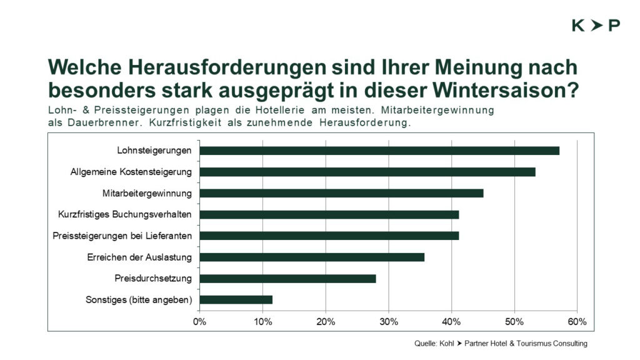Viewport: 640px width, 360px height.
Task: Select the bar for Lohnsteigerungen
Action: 379,151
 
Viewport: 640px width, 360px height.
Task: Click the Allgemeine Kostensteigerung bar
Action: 367,172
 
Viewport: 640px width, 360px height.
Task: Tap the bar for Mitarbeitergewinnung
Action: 342,193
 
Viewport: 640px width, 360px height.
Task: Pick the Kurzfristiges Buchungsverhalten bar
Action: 329,214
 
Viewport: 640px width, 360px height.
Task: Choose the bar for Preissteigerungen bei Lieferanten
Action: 329,236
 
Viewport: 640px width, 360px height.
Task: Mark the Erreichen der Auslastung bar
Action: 312,257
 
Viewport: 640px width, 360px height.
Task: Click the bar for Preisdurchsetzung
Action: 287,278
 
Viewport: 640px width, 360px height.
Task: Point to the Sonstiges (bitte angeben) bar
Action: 236,299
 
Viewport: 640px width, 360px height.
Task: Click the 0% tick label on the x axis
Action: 199,322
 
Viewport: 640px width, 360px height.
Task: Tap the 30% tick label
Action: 389,322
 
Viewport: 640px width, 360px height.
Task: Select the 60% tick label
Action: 577,322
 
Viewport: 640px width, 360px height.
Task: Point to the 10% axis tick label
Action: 263,322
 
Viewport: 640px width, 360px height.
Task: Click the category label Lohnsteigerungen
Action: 154,151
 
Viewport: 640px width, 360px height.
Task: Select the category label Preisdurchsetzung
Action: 153,278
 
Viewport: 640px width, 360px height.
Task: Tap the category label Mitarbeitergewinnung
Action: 147,194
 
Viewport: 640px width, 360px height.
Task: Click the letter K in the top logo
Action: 578,25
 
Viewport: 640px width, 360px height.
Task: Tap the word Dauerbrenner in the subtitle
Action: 105,122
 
